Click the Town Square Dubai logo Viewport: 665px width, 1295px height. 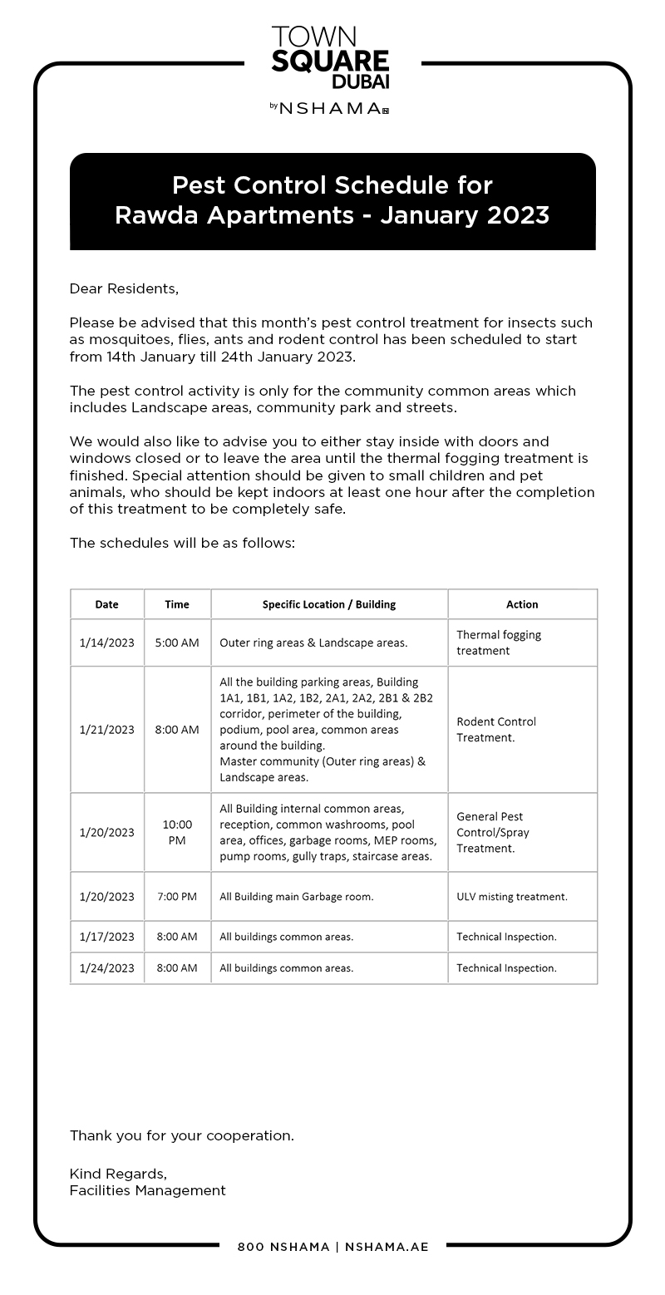click(330, 57)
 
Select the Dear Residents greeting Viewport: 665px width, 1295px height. click(124, 288)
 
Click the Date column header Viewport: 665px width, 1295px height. click(107, 604)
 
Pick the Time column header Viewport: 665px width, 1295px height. click(177, 604)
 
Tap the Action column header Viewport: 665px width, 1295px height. click(522, 604)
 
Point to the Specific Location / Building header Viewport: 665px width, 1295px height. click(329, 604)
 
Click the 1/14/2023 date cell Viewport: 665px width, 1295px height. click(107, 643)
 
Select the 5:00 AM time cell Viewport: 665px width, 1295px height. click(177, 643)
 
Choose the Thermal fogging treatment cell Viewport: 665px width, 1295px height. click(499, 643)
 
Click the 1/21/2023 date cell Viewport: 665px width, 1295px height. click(107, 730)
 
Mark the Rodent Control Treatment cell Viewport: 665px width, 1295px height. click(496, 730)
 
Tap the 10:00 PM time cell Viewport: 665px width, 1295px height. click(177, 832)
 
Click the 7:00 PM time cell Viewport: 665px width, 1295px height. click(177, 897)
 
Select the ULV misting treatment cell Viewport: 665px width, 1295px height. click(512, 897)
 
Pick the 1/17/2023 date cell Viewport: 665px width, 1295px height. click(107, 937)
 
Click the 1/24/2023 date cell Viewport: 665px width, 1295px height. click(107, 968)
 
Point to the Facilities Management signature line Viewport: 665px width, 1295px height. click(148, 1190)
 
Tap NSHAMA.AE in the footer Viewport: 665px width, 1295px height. click(387, 1247)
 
